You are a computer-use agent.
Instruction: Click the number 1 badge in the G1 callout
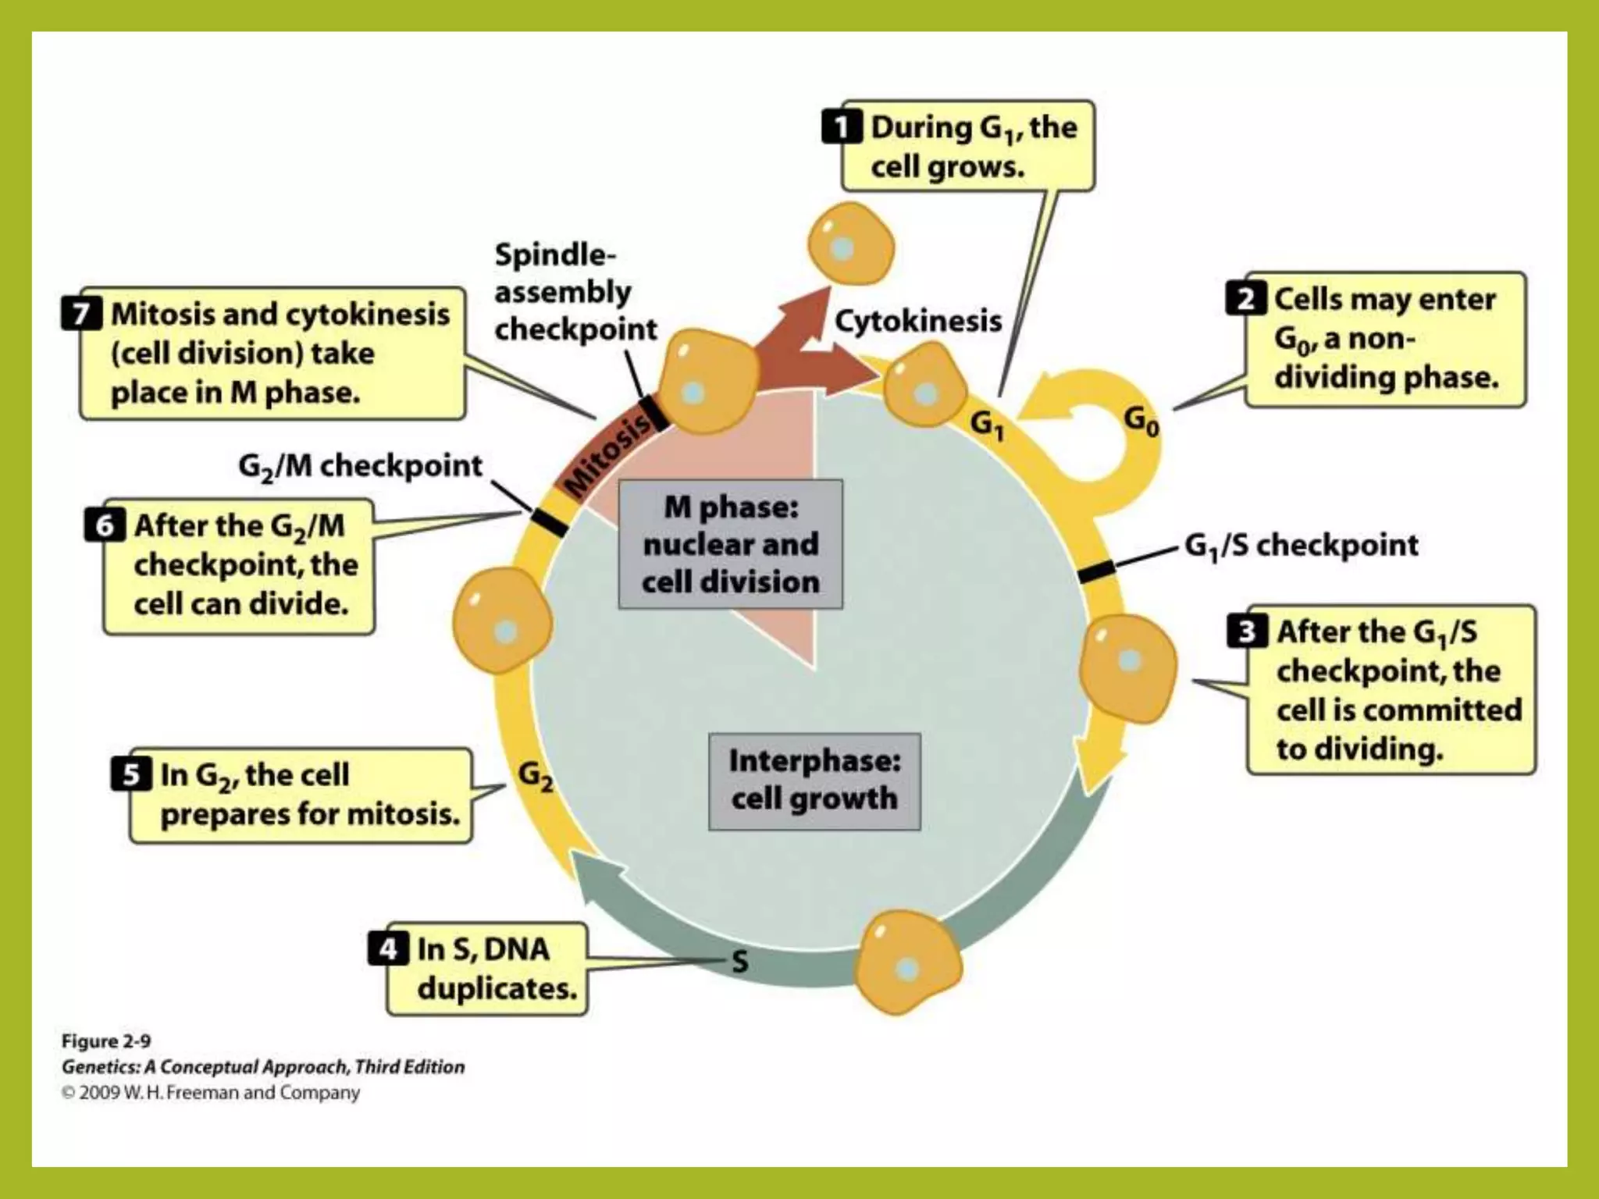click(842, 127)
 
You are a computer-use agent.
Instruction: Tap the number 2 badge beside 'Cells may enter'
click(1245, 299)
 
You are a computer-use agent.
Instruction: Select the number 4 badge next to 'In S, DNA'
click(388, 949)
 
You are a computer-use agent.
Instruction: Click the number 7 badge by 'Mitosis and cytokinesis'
click(81, 314)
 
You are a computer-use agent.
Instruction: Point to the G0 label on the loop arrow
click(1141, 422)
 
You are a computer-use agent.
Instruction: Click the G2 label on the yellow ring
click(536, 776)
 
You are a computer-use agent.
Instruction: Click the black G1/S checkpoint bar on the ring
click(1096, 571)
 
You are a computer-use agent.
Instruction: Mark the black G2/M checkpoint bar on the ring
click(550, 521)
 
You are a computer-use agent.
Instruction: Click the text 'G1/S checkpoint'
click(1301, 545)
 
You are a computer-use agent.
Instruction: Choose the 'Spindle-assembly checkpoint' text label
click(575, 292)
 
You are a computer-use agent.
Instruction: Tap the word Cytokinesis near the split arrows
click(918, 321)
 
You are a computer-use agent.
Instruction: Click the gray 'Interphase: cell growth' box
click(814, 781)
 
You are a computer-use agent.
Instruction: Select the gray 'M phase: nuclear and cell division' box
click(730, 544)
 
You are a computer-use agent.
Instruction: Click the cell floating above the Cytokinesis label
click(849, 247)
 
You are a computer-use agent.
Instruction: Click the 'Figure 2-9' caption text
click(106, 1041)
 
